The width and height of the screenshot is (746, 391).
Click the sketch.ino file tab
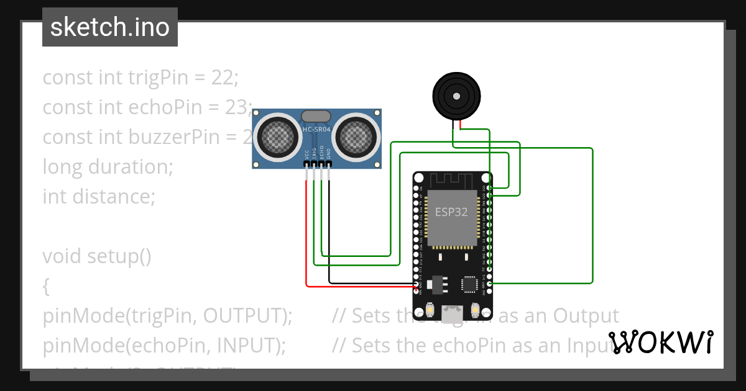(110, 27)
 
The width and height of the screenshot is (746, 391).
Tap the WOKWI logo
(660, 343)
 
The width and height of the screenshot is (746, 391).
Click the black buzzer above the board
(456, 97)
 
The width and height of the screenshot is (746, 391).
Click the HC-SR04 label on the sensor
(317, 130)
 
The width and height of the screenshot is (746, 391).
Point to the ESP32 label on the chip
(451, 212)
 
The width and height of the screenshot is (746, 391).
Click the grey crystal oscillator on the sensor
(316, 116)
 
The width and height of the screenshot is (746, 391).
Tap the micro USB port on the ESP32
(453, 311)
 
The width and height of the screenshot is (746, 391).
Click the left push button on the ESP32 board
(431, 309)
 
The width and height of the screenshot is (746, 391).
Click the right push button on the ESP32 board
(475, 309)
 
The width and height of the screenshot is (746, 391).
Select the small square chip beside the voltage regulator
(469, 284)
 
